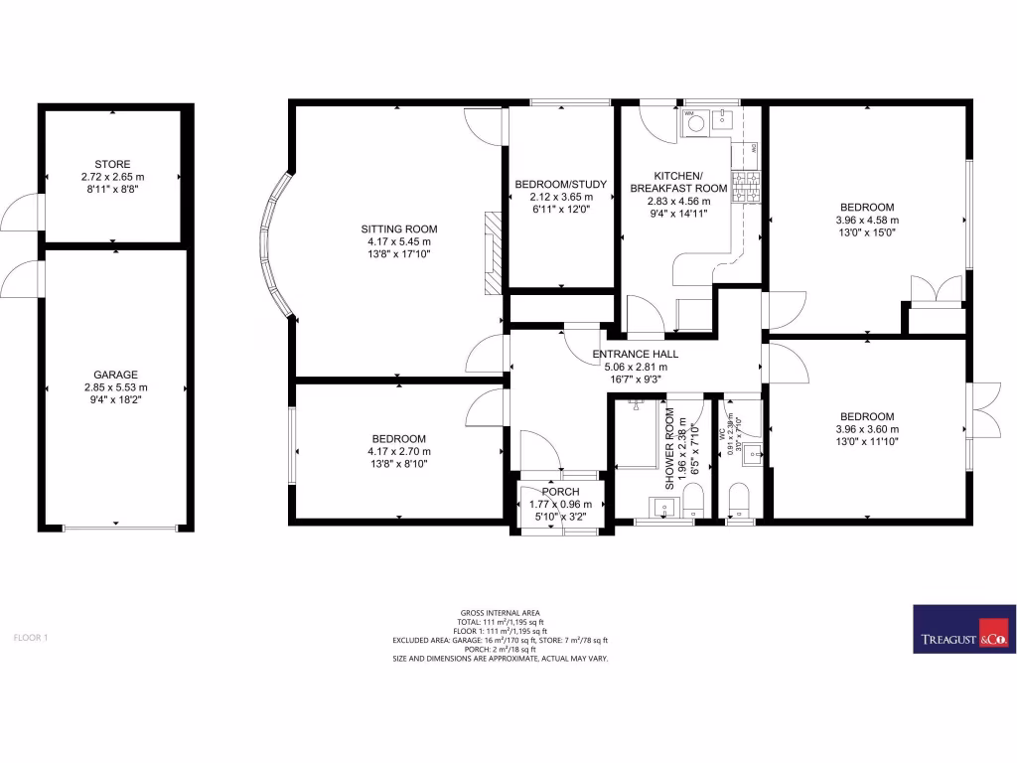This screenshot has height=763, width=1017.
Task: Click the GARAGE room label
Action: pyautogui.click(x=115, y=375)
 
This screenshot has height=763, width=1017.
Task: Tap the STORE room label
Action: pyautogui.click(x=112, y=164)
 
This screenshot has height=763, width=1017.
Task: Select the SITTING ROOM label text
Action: pyautogui.click(x=398, y=229)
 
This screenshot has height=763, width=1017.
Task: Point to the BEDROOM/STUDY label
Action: pyautogui.click(x=560, y=184)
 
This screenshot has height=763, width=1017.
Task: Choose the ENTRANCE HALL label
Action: pyautogui.click(x=636, y=354)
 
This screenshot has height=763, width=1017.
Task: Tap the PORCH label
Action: pyautogui.click(x=560, y=492)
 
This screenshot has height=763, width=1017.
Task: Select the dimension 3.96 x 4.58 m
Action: pyautogui.click(x=867, y=221)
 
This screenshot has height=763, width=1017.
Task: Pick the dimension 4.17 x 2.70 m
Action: pyautogui.click(x=398, y=452)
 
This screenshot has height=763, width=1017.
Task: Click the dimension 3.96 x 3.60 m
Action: pyautogui.click(x=867, y=429)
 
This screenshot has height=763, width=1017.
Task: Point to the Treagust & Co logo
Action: pyautogui.click(x=962, y=629)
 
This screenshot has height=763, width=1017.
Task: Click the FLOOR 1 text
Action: pyautogui.click(x=31, y=637)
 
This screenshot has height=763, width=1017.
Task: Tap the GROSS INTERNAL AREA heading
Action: pyautogui.click(x=500, y=613)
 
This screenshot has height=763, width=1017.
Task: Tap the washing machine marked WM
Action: pyautogui.click(x=695, y=123)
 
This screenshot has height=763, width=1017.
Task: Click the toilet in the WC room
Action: pyautogui.click(x=738, y=497)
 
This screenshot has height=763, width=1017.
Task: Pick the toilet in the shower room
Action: pyautogui.click(x=694, y=497)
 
